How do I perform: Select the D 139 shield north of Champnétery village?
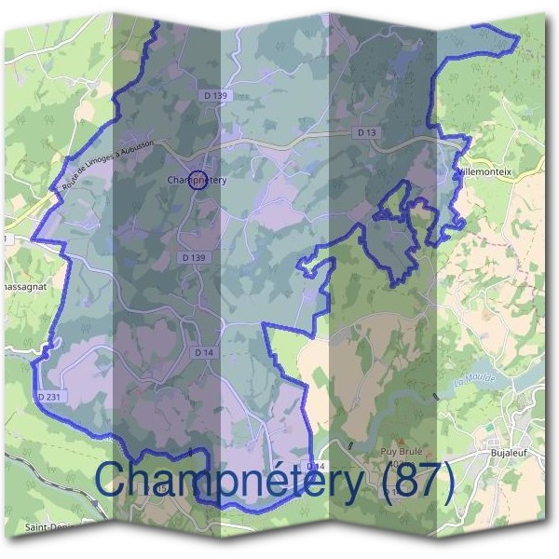point(213,96)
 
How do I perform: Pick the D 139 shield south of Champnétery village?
point(194,257)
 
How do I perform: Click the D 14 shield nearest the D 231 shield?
point(205,352)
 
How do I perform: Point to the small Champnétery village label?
point(197,180)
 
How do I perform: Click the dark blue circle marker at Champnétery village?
point(198,181)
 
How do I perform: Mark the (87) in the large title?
point(410,483)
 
